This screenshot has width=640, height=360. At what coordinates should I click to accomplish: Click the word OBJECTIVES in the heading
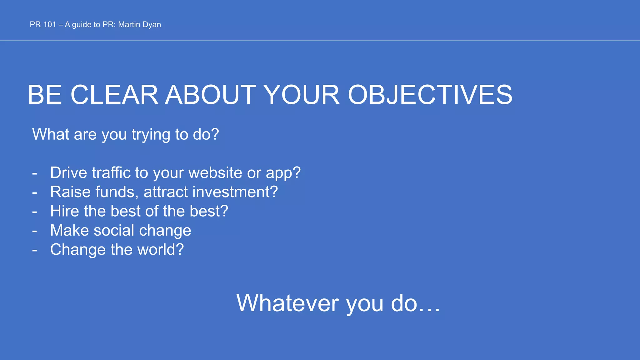(x=430, y=95)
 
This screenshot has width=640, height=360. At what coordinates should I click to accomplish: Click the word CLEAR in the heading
(x=114, y=95)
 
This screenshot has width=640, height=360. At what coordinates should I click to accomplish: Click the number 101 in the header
(x=50, y=25)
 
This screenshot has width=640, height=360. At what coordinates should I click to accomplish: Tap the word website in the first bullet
(x=215, y=173)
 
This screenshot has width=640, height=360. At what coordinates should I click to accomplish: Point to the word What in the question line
(x=51, y=134)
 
